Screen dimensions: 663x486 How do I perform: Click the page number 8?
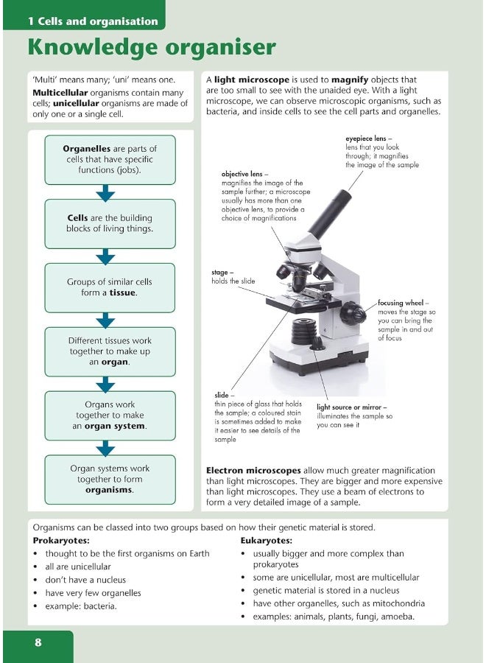point(38,642)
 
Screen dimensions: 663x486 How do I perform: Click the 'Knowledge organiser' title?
point(151,47)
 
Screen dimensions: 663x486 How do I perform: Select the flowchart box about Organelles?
point(110,159)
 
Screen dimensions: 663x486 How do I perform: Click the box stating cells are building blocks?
point(110,223)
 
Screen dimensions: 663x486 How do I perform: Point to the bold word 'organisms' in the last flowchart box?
point(109,490)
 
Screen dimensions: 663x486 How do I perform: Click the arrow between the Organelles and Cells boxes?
point(106,192)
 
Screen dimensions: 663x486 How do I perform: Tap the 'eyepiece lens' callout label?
point(369,138)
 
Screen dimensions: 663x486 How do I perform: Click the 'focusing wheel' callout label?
point(404,303)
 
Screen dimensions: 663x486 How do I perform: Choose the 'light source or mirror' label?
point(352,407)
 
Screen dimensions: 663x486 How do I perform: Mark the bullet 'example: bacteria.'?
point(81,606)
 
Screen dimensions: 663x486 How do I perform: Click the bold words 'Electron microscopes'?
point(253,471)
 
